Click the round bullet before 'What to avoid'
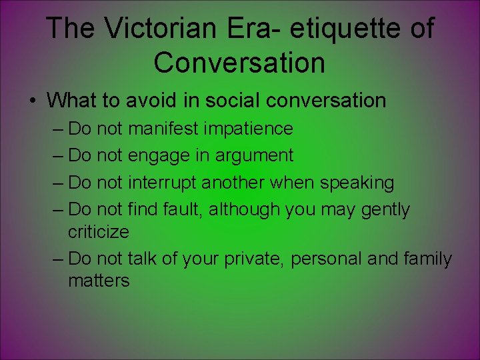pos(32,101)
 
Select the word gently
pos(385,209)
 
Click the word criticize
pos(99,231)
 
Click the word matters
pos(99,281)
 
